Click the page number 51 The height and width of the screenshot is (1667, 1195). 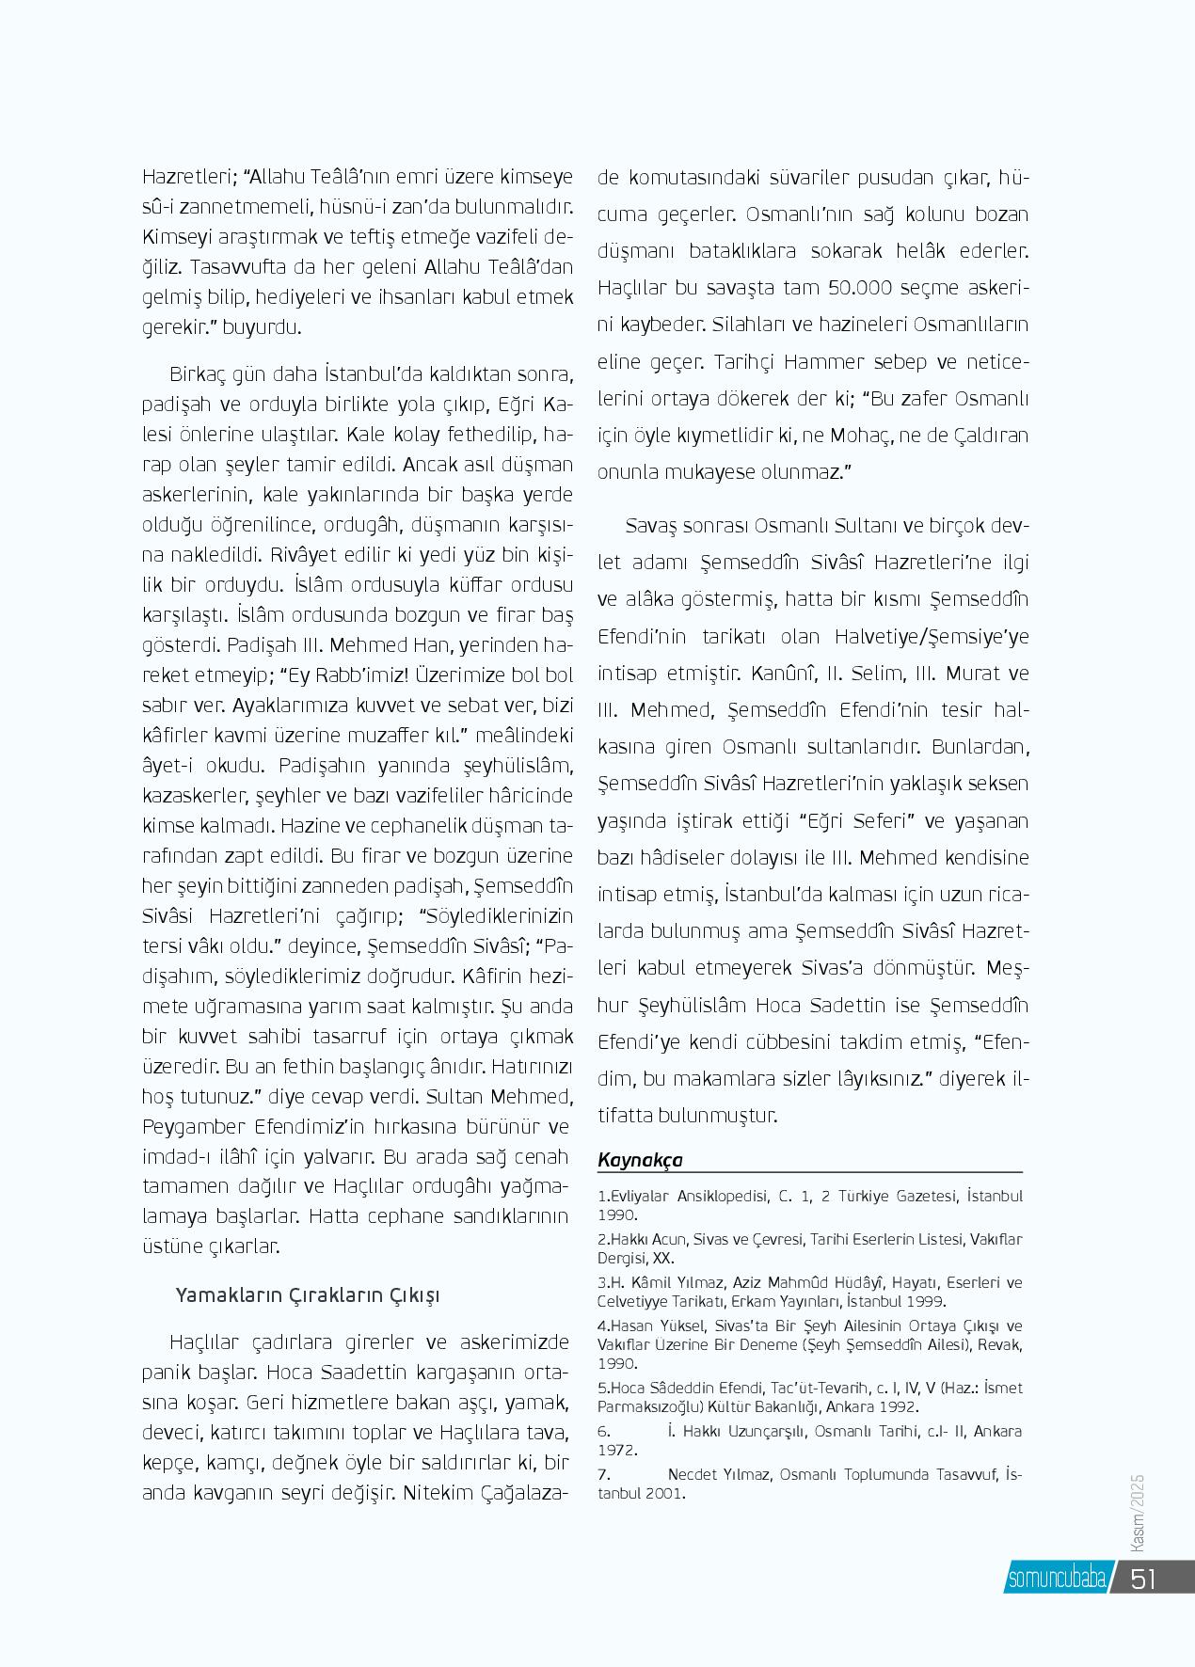[x=1143, y=1578]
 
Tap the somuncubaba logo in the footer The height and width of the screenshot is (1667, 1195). [x=1057, y=1579]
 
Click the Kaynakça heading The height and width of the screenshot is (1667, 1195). [x=640, y=1160]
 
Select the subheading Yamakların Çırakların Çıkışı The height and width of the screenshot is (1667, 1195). [x=308, y=1295]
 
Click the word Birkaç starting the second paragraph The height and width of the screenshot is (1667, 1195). [x=197, y=374]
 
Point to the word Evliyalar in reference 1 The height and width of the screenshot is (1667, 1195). [x=641, y=1197]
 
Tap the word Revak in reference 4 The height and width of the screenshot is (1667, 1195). [x=1003, y=1344]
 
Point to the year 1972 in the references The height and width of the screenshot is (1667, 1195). [x=617, y=1450]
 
